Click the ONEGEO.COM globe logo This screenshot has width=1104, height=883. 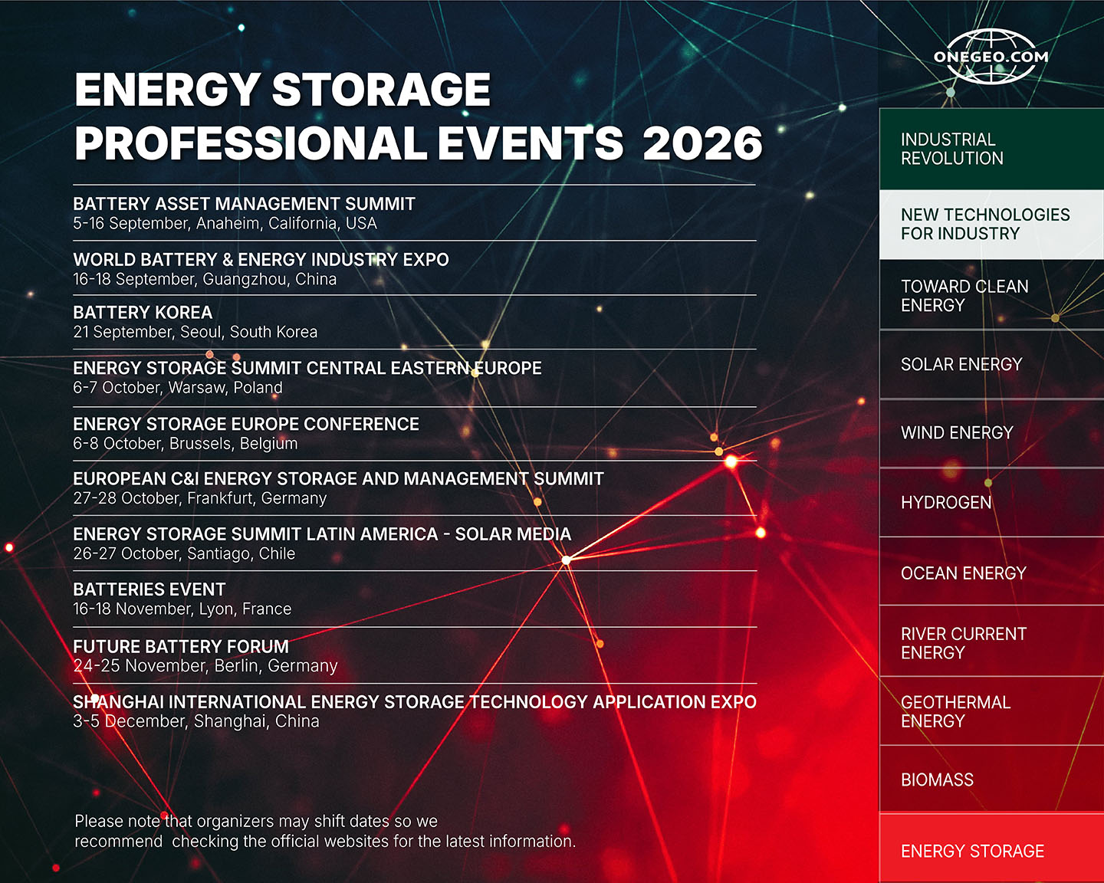tap(991, 56)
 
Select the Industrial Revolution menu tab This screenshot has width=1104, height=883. tap(991, 149)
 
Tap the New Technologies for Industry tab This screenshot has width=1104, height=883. tap(991, 225)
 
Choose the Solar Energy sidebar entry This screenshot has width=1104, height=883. tap(991, 364)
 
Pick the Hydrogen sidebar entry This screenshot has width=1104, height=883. tap(991, 502)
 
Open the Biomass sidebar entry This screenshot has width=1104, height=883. tap(991, 780)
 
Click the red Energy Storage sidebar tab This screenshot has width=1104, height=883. tap(991, 848)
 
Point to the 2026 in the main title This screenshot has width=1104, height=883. tap(702, 143)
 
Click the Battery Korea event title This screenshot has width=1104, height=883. tap(143, 313)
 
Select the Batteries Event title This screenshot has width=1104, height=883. tap(149, 589)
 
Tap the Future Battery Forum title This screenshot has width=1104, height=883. tap(181, 646)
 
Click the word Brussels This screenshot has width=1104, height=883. tap(202, 443)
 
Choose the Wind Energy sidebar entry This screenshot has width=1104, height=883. tap(991, 433)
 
